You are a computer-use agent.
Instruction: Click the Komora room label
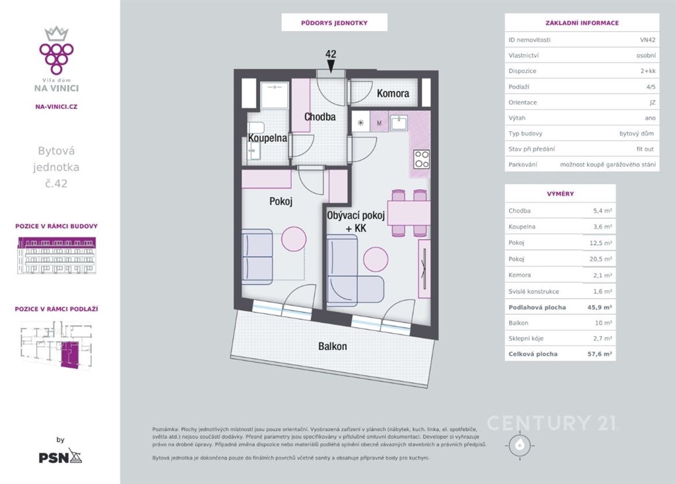point(393,93)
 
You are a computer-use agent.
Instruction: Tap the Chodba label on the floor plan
point(320,117)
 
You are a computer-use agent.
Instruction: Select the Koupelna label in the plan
point(267,138)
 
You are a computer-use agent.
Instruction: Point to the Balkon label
point(333,346)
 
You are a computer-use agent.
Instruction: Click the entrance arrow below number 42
point(331,66)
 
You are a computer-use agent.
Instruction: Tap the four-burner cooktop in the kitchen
point(421,159)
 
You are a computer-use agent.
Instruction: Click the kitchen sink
point(399,123)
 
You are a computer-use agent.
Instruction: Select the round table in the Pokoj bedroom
point(294,239)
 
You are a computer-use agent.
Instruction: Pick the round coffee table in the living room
point(376,259)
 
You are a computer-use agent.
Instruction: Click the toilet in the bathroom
point(255,128)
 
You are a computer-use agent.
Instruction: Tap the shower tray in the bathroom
point(275,95)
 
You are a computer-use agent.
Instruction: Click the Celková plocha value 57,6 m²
point(601,354)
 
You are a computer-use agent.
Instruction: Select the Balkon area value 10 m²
point(603,322)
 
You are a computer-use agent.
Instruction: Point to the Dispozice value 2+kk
point(648,71)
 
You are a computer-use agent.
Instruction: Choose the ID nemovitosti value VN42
point(648,40)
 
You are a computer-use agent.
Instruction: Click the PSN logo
point(60,456)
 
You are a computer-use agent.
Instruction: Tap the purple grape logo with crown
point(57,50)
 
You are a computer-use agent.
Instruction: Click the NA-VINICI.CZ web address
point(57,106)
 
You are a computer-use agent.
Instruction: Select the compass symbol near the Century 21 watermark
point(520,445)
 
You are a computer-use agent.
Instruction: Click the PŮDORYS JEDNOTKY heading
point(334,23)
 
